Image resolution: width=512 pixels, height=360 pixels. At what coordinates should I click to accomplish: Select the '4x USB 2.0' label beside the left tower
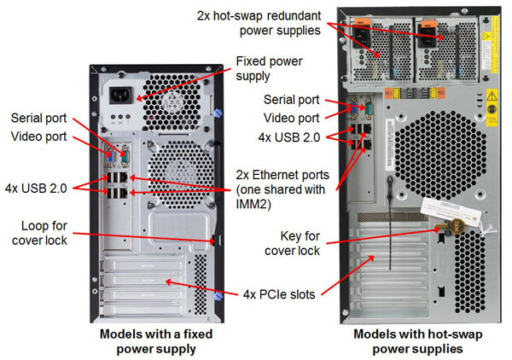[x=37, y=185]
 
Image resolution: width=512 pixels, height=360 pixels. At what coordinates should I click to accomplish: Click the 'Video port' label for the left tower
[x=38, y=136]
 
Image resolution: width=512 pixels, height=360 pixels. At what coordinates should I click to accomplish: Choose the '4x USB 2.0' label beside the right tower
[x=289, y=136]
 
